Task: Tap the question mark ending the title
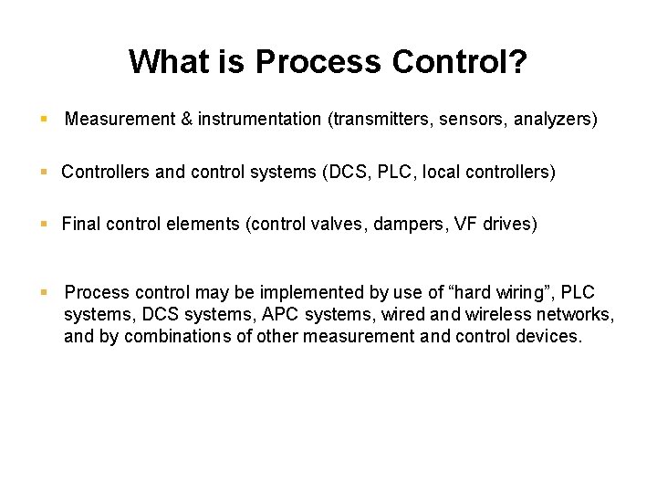(518, 62)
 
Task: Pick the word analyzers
(558, 119)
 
